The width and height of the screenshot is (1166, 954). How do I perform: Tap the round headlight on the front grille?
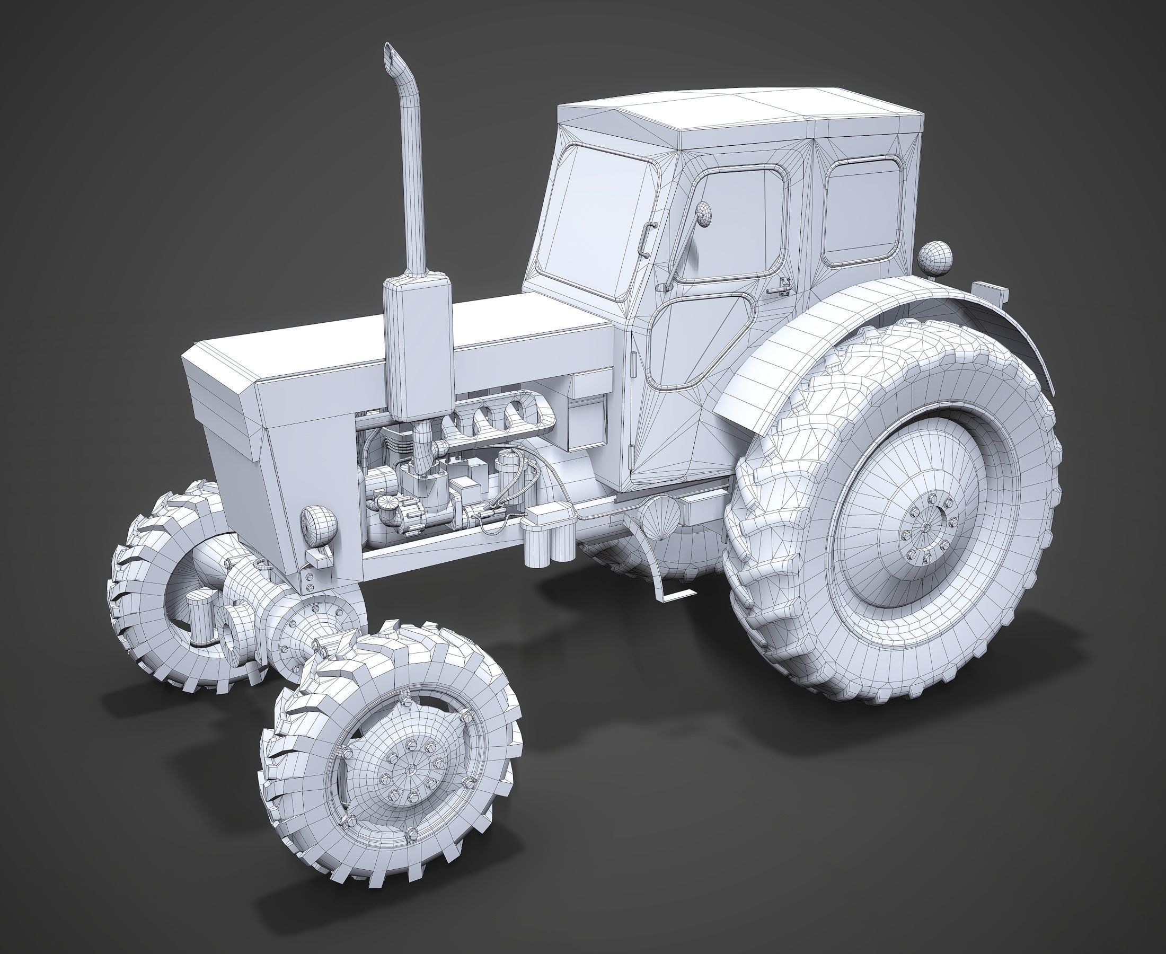point(318,524)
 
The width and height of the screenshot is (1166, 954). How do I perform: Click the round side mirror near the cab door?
point(703,213)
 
